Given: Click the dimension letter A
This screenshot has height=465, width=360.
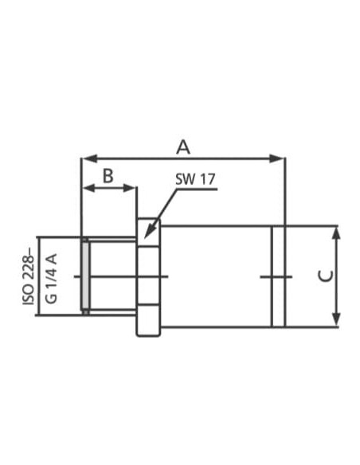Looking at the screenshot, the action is coord(183,147).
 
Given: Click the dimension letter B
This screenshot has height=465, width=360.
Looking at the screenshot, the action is coord(108,175).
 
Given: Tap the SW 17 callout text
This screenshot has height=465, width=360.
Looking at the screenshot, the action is coord(195,179).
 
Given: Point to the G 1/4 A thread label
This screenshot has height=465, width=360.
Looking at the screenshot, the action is coord(51,278).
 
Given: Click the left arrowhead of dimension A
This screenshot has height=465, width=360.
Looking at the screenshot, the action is coord(89,158).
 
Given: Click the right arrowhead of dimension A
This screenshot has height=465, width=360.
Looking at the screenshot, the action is coord(276,158).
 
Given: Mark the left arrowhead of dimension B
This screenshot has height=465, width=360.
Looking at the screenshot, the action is coord(89,188).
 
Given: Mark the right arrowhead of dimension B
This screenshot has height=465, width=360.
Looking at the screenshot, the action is coord(129,188).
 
